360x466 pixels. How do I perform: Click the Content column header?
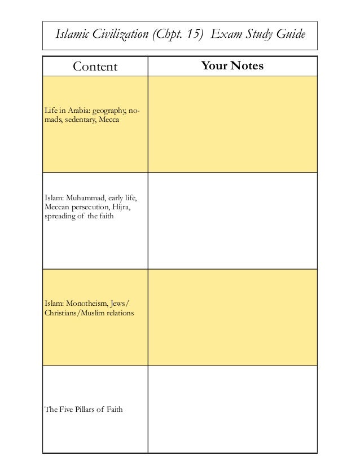[95, 68]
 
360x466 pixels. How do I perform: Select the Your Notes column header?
[232, 67]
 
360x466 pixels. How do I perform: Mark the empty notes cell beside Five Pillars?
[232, 409]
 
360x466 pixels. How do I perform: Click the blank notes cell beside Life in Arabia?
[232, 124]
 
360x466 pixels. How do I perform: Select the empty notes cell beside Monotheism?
[232, 317]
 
